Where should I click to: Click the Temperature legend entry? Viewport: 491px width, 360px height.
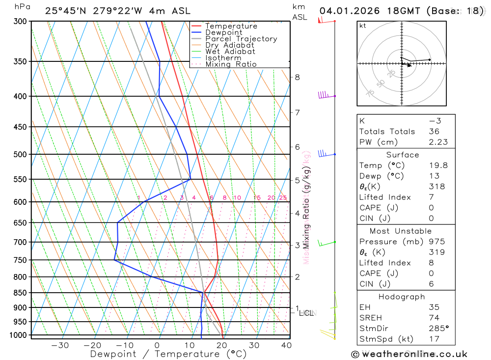point(231,26)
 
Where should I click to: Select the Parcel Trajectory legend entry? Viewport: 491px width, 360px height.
point(241,39)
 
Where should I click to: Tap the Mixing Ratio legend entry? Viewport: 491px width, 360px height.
point(231,64)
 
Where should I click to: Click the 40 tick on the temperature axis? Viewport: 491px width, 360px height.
point(285,345)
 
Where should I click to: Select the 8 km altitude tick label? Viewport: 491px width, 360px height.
point(297,77)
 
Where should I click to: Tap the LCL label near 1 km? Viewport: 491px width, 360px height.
point(306,313)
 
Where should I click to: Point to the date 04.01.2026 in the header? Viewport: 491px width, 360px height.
point(346,11)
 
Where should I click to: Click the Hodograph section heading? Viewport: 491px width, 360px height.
point(402,297)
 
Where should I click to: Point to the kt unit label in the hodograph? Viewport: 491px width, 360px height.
point(363,26)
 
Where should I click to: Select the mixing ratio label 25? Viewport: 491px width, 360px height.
point(283,198)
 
